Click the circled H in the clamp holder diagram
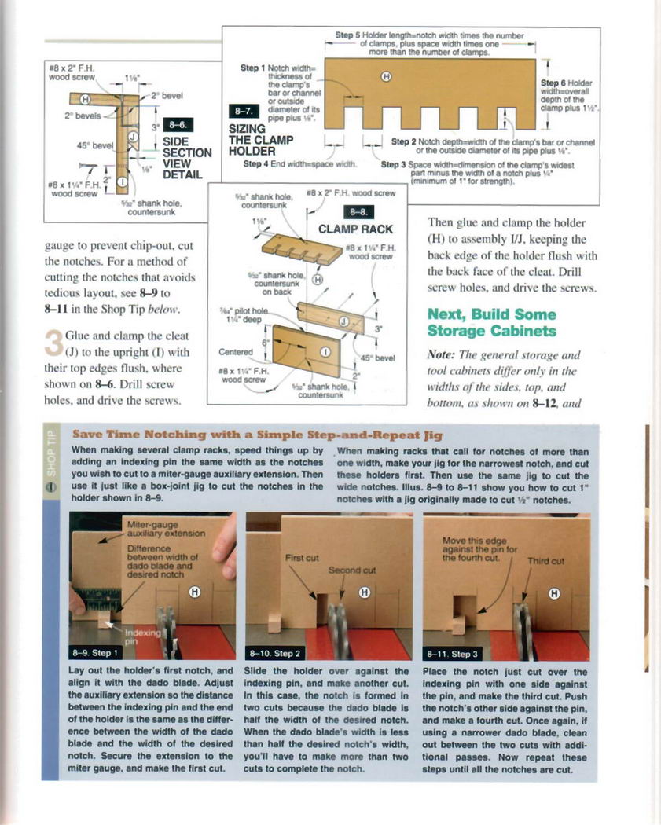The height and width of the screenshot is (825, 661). (x=386, y=76)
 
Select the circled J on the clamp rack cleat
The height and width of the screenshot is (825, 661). (x=342, y=321)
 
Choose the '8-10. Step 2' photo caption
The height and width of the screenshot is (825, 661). (x=275, y=652)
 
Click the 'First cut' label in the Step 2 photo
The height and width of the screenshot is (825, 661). (x=301, y=557)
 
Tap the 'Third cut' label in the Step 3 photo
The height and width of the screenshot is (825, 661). (x=545, y=561)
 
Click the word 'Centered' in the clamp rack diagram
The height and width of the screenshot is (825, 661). (x=234, y=352)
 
